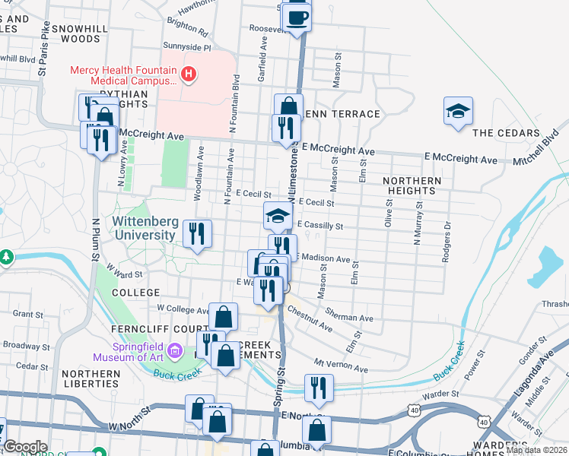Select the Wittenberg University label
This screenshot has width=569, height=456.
point(144,228)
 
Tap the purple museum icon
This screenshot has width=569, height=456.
point(176,351)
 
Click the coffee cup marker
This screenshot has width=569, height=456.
point(298,16)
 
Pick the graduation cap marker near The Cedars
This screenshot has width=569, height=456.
point(457,112)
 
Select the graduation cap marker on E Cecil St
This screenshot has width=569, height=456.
point(278,216)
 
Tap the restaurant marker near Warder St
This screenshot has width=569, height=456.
point(319,387)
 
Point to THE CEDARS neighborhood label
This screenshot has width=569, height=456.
point(505,132)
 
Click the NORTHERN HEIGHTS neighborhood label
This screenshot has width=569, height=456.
point(412,185)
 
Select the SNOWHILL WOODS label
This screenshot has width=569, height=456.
point(70,32)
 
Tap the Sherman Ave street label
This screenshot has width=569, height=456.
point(349,315)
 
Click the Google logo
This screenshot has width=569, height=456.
point(25,446)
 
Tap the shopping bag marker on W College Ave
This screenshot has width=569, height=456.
point(224,315)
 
